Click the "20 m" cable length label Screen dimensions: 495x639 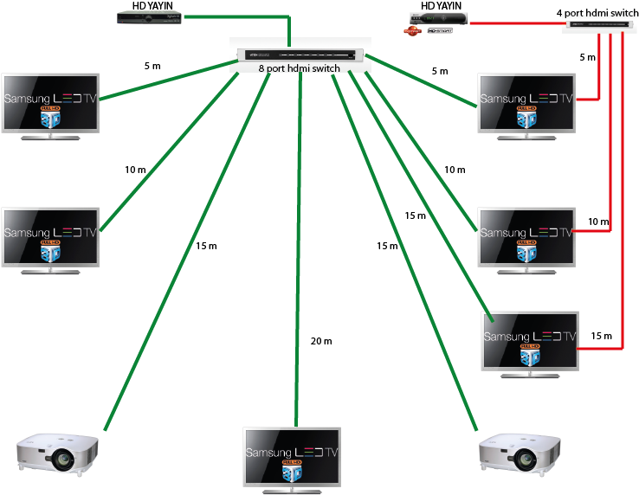click(x=320, y=341)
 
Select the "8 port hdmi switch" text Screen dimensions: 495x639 click(x=299, y=68)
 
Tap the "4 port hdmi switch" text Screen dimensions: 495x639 click(x=597, y=13)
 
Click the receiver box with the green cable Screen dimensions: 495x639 click(x=145, y=17)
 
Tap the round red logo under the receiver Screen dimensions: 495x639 click(x=412, y=32)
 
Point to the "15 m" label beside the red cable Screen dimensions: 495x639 click(x=601, y=336)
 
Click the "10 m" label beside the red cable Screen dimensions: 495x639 click(x=598, y=222)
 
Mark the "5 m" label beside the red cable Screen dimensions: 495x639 click(x=587, y=57)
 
